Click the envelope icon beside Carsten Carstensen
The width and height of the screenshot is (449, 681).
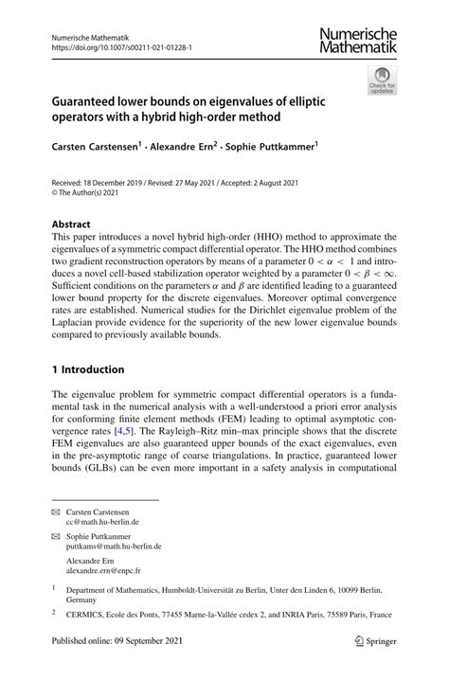[56, 511]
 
